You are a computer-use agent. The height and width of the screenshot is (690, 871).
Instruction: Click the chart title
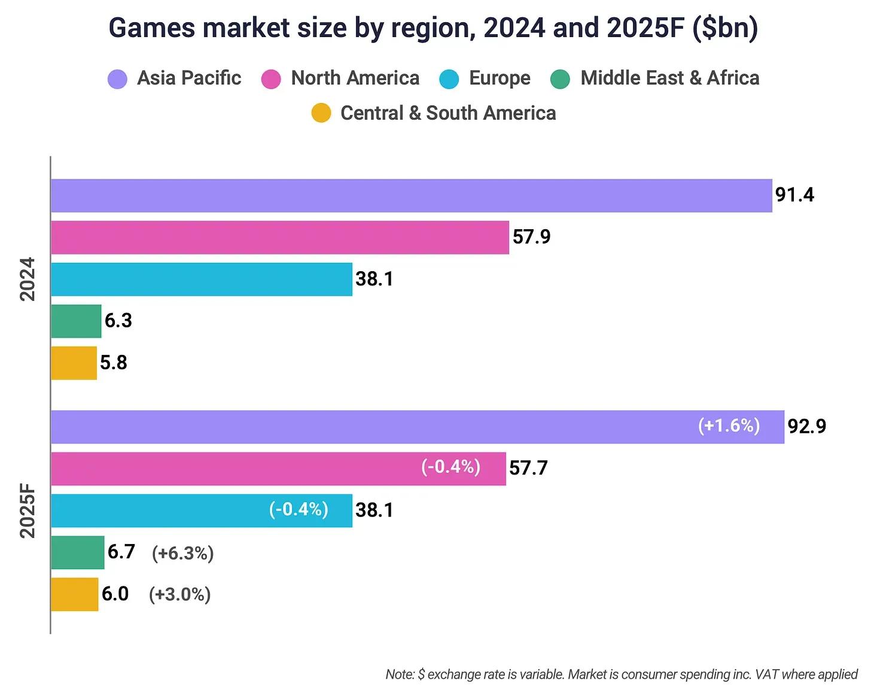coord(433,28)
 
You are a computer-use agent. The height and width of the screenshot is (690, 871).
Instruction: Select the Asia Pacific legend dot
coord(117,79)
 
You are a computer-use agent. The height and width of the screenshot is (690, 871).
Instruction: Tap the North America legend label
coord(355,78)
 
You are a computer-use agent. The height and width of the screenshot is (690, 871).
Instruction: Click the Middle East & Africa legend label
coord(669,78)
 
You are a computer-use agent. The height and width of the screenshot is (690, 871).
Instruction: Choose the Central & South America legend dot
coord(321,113)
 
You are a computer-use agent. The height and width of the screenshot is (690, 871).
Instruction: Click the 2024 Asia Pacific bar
coord(411,196)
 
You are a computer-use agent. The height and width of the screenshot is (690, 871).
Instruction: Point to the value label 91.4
coord(794,195)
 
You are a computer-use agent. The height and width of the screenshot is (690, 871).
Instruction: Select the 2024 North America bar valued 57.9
coord(279,238)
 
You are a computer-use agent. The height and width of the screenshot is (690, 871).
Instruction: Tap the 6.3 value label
coord(118,321)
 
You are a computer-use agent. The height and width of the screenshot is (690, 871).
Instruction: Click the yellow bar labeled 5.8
coord(74,363)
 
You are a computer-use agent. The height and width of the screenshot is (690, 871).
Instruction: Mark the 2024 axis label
coord(28,279)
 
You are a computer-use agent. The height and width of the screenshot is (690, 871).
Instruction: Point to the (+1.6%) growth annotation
coord(729,425)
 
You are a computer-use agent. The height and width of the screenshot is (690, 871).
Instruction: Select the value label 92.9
coord(806,426)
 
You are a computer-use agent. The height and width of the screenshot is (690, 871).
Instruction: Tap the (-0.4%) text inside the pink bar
coord(450,467)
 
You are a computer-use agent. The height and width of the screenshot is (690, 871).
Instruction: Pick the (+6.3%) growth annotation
coord(182,553)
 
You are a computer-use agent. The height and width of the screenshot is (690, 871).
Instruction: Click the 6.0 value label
coord(115,594)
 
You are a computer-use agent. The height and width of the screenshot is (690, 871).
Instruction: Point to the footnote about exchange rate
coord(621,674)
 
